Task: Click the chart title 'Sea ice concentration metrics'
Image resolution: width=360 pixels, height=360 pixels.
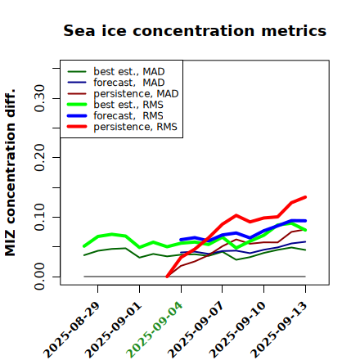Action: click(195, 31)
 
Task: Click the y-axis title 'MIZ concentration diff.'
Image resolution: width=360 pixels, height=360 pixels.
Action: click(10, 173)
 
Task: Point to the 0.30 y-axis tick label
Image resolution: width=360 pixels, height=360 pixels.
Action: click(40, 98)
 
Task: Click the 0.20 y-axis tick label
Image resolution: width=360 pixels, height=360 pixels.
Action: click(40, 157)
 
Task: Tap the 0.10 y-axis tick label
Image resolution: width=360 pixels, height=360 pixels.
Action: click(40, 217)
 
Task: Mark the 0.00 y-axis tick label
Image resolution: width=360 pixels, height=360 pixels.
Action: click(40, 277)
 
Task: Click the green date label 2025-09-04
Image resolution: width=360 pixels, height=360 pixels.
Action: click(155, 330)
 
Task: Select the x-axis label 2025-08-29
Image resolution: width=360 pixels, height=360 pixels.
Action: click(71, 330)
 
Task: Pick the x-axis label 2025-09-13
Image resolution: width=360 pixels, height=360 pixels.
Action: click(279, 330)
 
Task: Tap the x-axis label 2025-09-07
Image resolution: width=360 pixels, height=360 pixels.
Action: click(196, 330)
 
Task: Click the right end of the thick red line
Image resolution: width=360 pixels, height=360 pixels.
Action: click(305, 197)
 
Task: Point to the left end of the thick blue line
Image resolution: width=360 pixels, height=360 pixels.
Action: click(181, 240)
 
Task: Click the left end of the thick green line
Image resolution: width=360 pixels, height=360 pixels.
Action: click(84, 246)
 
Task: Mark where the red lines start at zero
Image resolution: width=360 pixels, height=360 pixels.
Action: click(167, 277)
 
